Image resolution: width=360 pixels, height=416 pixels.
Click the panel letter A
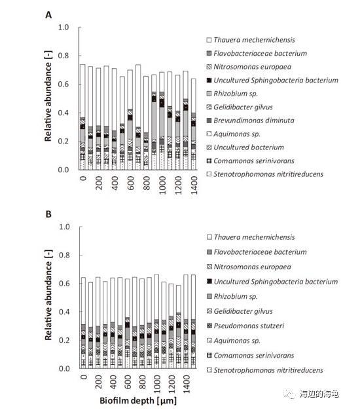48,15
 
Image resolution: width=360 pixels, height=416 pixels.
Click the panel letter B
48,214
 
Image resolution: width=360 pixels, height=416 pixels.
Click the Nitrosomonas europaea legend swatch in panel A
209,67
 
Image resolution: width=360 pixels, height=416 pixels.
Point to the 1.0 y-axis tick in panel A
63,27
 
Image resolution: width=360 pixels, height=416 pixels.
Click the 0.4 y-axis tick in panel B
63,312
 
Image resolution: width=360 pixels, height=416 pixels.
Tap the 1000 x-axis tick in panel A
162,185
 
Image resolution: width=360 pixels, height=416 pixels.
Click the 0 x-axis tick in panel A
83,178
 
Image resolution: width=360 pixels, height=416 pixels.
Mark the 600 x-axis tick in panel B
128,382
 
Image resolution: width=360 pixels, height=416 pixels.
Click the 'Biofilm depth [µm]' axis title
138,400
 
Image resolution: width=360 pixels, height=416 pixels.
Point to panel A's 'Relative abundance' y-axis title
48,96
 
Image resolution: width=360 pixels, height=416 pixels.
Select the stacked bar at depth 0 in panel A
82,117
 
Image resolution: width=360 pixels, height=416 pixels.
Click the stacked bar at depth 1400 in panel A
194,124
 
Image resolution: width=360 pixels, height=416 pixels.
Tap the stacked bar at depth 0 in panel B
83,323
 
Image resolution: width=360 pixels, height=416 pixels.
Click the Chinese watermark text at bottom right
319,394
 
